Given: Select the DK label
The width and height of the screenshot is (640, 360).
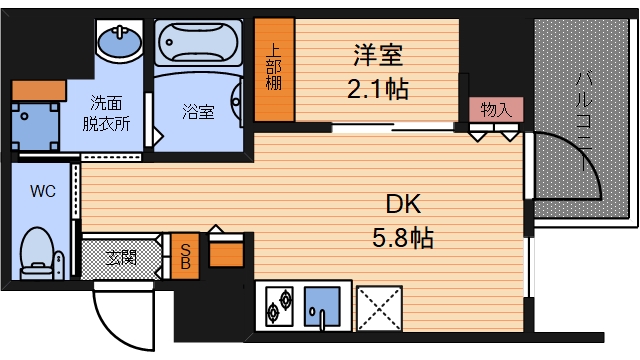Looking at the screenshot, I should [405, 204].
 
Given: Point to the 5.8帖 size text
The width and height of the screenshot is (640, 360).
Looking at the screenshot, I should [405, 239].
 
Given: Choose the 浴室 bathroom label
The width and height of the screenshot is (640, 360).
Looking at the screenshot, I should [198, 112].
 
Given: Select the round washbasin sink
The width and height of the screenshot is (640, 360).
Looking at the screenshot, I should [120, 43].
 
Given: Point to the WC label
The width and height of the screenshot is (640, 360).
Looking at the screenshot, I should [42, 190].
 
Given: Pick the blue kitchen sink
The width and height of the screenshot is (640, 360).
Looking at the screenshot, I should [322, 305].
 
